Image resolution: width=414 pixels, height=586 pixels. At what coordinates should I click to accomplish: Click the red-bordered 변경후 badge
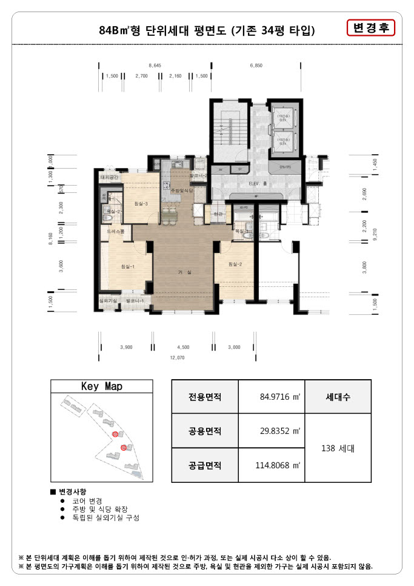pos(370,28)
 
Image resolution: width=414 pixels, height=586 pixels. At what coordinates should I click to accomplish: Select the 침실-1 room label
pos(127,266)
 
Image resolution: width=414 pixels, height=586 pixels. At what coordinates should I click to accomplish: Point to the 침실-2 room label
pos(236,264)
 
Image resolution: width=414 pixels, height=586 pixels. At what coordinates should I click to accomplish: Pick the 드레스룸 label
pos(115,232)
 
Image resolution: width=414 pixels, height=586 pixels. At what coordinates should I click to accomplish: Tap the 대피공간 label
pos(113,177)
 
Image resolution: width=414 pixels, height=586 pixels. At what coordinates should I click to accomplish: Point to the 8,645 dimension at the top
pos(155,64)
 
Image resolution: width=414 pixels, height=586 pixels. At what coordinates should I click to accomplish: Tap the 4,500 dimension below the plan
pos(182,348)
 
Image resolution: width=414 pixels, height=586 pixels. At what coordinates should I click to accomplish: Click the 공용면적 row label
pos(205,431)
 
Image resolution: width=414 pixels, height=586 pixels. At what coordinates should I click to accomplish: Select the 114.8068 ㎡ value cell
pos(272,466)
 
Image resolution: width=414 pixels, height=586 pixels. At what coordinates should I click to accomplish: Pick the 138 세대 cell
pos(338,449)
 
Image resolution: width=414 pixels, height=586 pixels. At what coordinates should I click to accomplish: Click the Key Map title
pos(101,386)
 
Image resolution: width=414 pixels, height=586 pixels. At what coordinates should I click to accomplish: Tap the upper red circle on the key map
pos(115,434)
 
